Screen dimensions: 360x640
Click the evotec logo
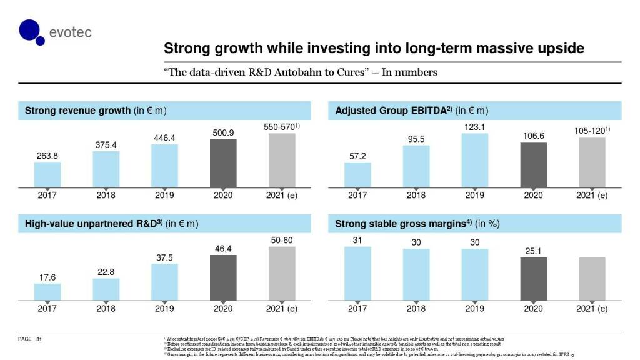tap(54, 31)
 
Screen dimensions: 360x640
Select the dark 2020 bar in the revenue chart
tap(223, 162)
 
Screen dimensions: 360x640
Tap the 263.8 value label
tap(47, 155)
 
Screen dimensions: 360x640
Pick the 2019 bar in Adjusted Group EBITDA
tap(474, 160)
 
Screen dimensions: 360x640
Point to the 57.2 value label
tap(357, 156)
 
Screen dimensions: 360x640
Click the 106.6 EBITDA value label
tap(533, 135)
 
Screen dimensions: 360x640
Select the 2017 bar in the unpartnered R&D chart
tap(47, 292)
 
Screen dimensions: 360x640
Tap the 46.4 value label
tap(223, 248)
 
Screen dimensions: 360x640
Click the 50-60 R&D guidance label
tap(281, 240)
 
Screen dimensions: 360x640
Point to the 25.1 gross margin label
tap(533, 251)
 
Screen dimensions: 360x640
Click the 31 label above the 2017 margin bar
tap(357, 240)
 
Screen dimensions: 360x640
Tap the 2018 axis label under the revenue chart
tap(106, 196)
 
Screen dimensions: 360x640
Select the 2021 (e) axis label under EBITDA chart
tap(592, 196)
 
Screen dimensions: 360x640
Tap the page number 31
tap(39, 339)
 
